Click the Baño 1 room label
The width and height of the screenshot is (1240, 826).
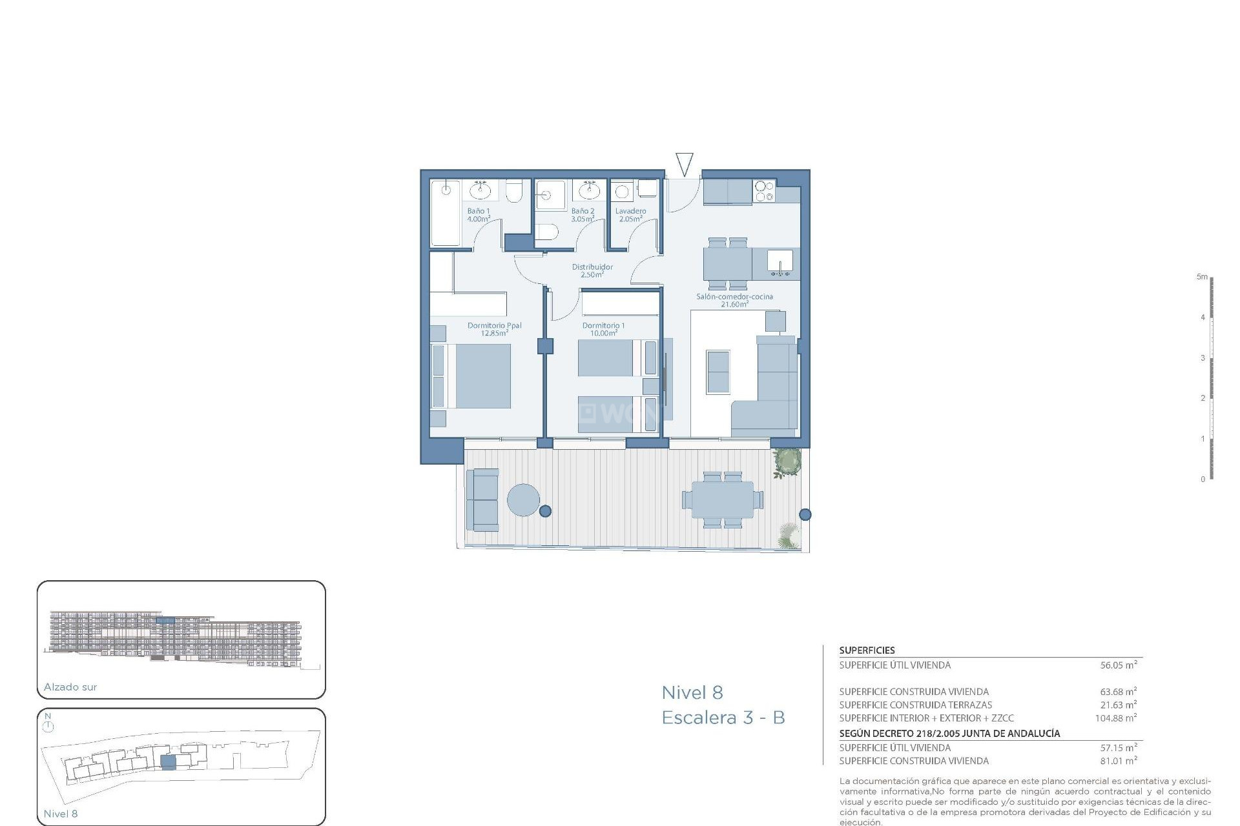(479, 211)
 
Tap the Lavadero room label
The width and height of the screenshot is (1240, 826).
(630, 211)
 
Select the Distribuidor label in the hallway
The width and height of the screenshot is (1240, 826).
(592, 267)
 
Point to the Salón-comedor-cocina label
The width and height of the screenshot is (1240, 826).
(734, 297)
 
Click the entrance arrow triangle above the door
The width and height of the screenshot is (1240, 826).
(684, 164)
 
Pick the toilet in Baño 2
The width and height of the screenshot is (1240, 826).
(546, 232)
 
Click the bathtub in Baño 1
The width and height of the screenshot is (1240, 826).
(446, 213)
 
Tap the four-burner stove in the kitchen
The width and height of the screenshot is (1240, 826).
(764, 191)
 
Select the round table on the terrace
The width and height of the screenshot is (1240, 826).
(523, 500)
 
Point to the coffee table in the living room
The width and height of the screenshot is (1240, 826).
(718, 372)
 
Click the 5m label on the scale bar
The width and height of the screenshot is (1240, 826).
(1201, 277)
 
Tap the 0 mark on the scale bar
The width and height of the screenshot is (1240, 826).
(1203, 479)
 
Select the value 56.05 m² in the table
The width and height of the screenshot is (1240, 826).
(1118, 665)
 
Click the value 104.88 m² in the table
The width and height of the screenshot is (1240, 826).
(1115, 718)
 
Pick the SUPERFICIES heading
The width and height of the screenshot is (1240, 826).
(867, 650)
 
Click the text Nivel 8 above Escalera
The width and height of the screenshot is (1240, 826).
(692, 693)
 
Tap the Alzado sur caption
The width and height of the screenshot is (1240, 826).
(70, 687)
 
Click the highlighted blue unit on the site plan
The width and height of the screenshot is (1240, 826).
(168, 762)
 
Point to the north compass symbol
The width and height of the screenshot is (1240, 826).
(48, 726)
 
